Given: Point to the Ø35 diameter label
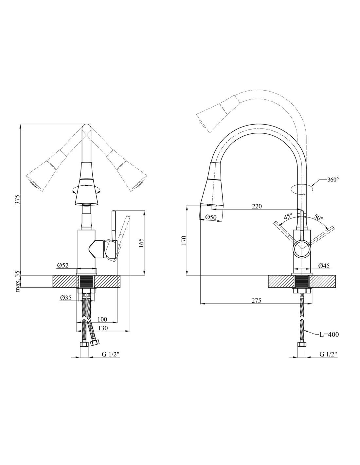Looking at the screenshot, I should click(x=66, y=298).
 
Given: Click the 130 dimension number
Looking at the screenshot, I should click(x=103, y=328).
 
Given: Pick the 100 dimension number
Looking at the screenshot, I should click(x=102, y=319).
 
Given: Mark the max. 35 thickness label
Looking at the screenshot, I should click(x=18, y=281).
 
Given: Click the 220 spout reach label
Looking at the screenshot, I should click(x=257, y=206).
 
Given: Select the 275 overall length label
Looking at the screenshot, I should click(x=257, y=301).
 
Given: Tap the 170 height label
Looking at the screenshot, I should click(x=184, y=240).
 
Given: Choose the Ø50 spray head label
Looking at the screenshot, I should click(x=211, y=217).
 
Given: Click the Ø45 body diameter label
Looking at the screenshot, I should click(x=324, y=266).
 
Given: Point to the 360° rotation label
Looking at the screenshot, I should click(x=333, y=180).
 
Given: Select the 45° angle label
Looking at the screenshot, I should click(x=288, y=216).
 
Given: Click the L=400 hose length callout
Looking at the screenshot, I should click(x=329, y=334).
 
